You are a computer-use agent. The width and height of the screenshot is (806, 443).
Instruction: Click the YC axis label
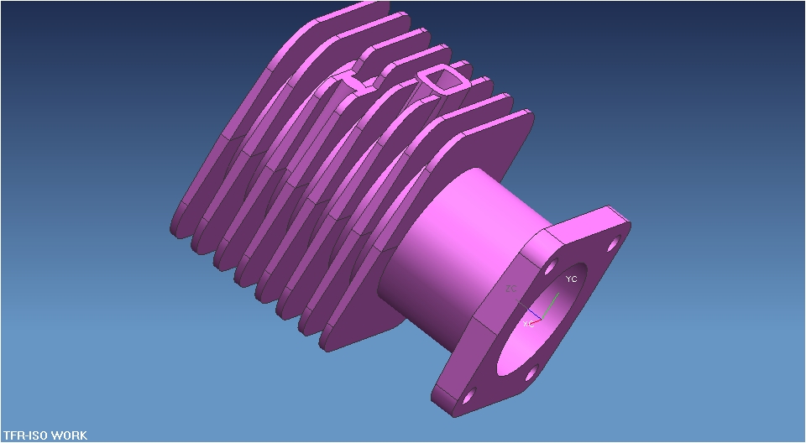(x=571, y=279)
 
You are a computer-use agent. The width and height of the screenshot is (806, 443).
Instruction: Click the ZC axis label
(x=510, y=289)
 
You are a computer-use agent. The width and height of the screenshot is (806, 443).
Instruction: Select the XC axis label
(x=528, y=323)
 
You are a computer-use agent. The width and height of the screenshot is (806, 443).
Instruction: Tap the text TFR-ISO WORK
(x=44, y=435)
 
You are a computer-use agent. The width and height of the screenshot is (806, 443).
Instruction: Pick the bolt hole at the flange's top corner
(x=613, y=243)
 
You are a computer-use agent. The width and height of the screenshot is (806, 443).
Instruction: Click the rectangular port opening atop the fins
(x=439, y=79)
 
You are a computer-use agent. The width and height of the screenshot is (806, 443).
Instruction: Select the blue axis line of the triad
(x=535, y=314)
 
